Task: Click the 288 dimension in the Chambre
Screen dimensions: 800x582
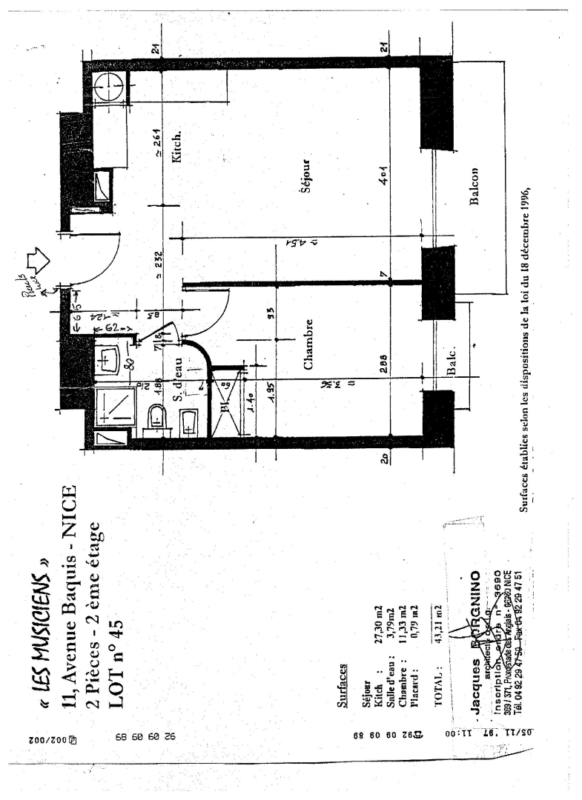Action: pyautogui.click(x=386, y=367)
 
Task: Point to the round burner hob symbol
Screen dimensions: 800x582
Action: pyautogui.click(x=106, y=87)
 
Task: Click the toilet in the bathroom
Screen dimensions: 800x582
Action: pyautogui.click(x=158, y=420)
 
